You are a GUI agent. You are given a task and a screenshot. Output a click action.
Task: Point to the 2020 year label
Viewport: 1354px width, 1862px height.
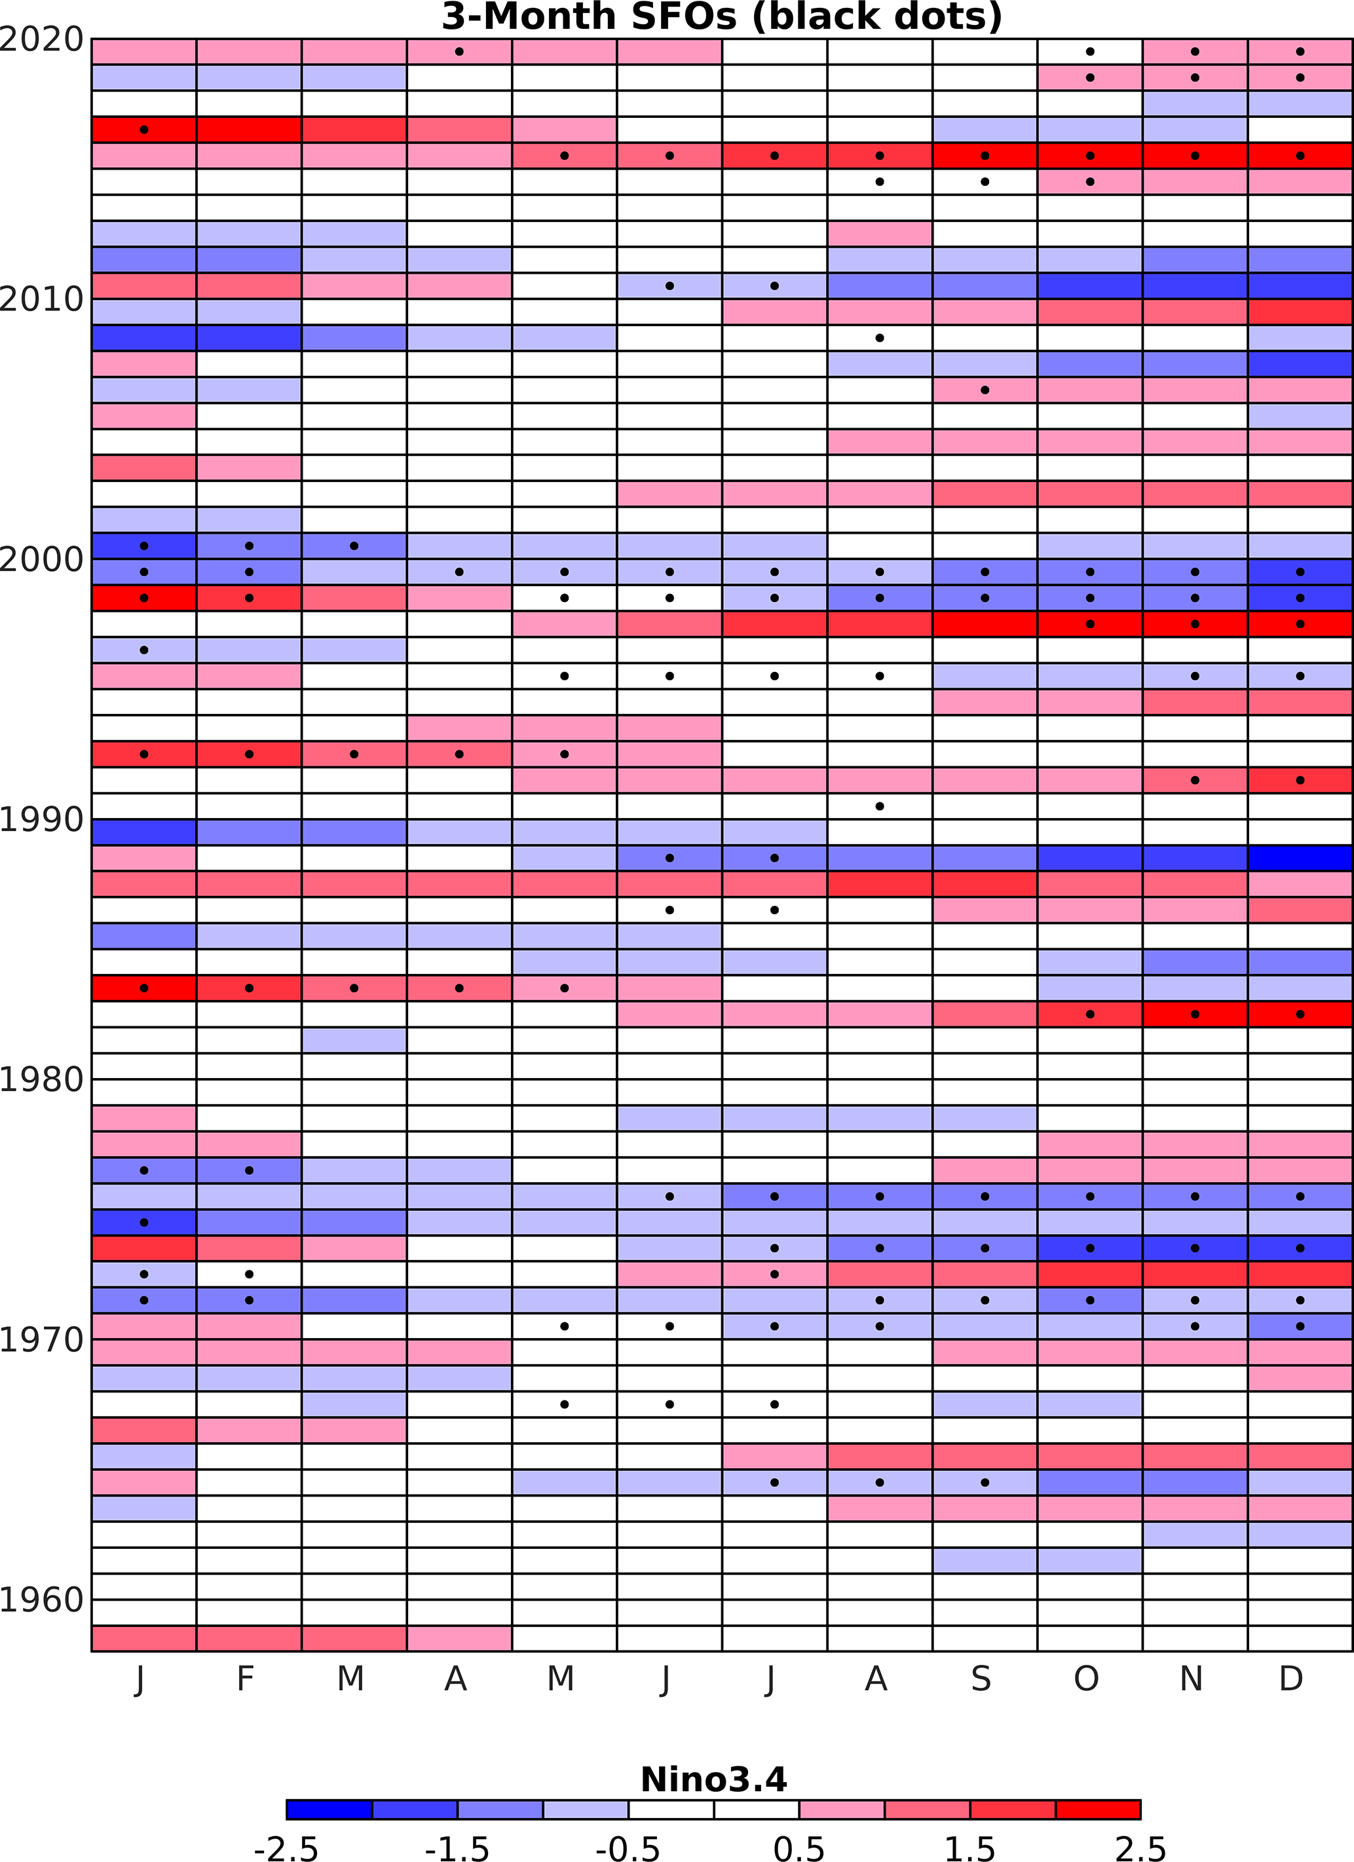(x=42, y=39)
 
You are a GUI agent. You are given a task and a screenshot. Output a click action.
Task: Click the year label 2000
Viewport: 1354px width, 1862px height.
(x=42, y=560)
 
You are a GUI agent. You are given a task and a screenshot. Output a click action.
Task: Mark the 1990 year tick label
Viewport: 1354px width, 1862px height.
(x=42, y=819)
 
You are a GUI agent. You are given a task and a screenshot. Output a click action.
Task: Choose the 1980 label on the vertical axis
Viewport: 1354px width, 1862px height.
(x=42, y=1079)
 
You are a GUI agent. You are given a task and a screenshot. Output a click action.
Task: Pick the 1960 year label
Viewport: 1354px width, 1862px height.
(x=42, y=1599)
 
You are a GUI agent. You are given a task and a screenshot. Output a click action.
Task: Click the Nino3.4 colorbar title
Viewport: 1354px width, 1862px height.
(x=713, y=1780)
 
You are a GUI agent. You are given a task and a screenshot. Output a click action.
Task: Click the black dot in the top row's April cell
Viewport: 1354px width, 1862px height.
(x=459, y=52)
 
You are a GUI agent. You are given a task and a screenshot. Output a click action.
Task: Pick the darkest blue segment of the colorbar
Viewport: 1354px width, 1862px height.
(x=329, y=1810)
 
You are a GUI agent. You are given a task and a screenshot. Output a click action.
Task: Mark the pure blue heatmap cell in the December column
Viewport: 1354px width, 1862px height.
(x=1300, y=858)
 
